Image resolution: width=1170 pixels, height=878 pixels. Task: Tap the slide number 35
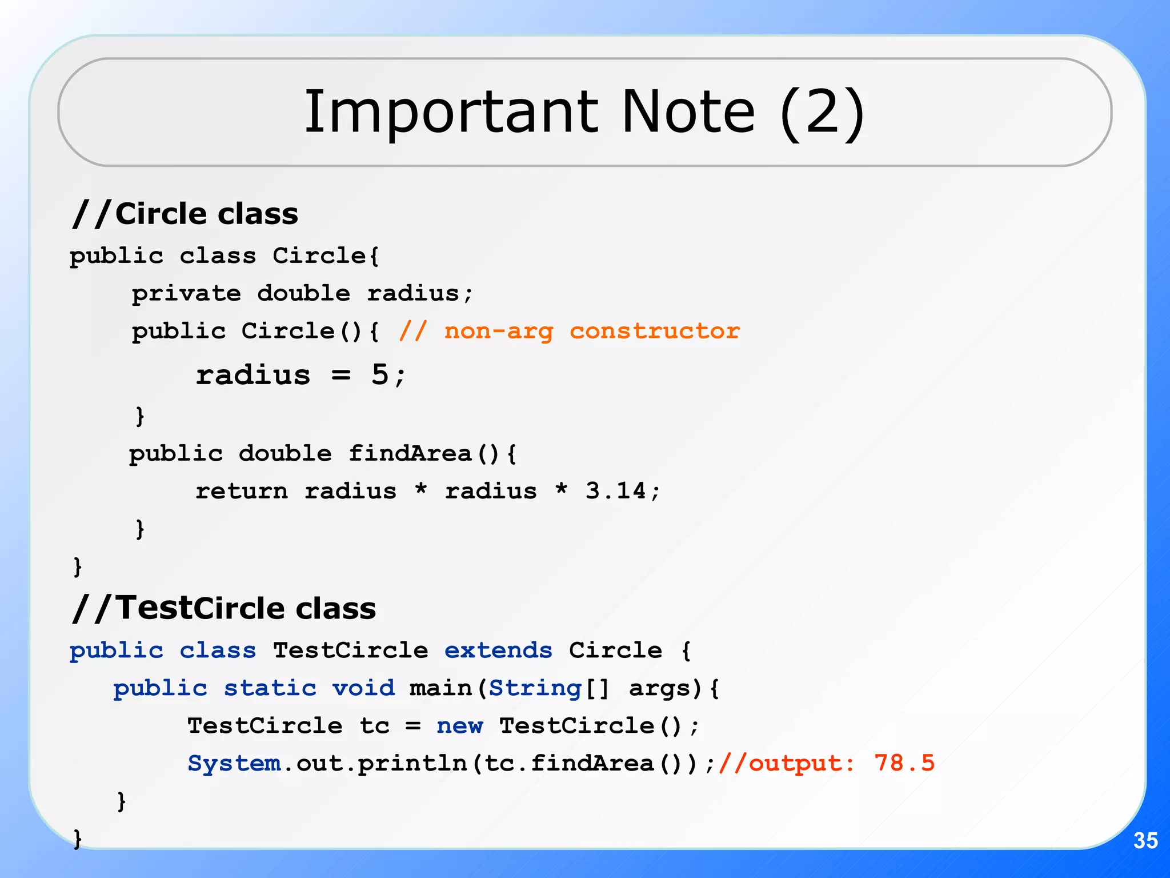coord(1145,840)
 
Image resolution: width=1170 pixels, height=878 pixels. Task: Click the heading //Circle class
coord(185,214)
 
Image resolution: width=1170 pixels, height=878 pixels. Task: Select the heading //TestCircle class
coord(224,608)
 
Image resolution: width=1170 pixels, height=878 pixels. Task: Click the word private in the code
coord(186,294)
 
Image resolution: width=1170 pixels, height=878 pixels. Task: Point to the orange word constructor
coord(655,332)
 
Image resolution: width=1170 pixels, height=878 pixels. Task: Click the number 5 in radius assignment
coord(380,375)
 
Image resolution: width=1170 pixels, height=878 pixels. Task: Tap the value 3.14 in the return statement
coord(615,491)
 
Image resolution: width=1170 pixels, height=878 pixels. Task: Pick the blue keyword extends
coord(498,650)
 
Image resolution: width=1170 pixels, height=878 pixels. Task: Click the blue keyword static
coord(270,688)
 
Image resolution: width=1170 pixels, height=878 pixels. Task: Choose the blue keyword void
coord(363,688)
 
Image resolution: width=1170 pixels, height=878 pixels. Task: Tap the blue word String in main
coord(535,688)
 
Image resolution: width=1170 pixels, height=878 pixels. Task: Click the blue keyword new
coord(459,726)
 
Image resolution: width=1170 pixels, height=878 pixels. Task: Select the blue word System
coord(234,764)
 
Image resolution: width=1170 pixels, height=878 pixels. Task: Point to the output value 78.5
coord(904,763)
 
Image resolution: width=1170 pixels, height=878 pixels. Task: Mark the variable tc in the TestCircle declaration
coord(374,727)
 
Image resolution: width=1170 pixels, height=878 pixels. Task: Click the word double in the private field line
coord(303,294)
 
